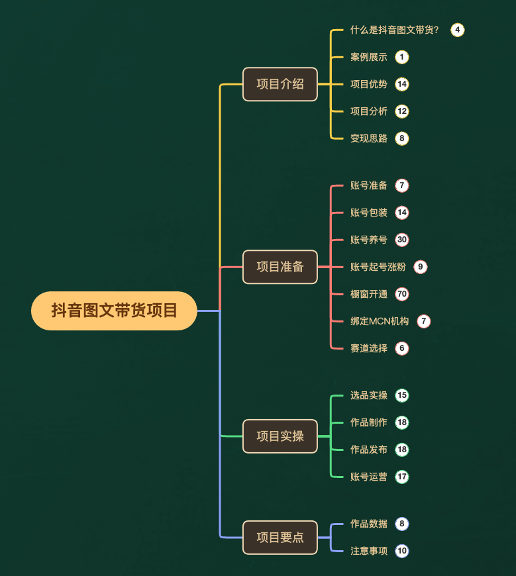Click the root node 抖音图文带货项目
pos(114,311)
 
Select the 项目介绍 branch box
pos(280,84)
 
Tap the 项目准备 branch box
pos(280,267)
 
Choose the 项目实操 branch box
pos(280,436)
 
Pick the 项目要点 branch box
pos(280,537)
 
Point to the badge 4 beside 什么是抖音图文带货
pos(457,30)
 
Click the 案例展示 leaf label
pos(368,57)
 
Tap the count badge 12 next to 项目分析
pos(402,111)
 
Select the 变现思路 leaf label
pos(368,138)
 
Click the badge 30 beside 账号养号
pos(402,240)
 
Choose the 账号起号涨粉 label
pos(378,267)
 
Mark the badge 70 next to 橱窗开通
pos(402,294)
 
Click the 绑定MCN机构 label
pos(380,321)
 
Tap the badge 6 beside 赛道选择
pos(402,348)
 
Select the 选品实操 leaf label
pos(368,395)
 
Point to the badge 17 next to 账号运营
pos(402,477)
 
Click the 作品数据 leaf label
pos(368,524)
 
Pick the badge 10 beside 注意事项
pos(402,551)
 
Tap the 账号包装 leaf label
pos(368,213)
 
